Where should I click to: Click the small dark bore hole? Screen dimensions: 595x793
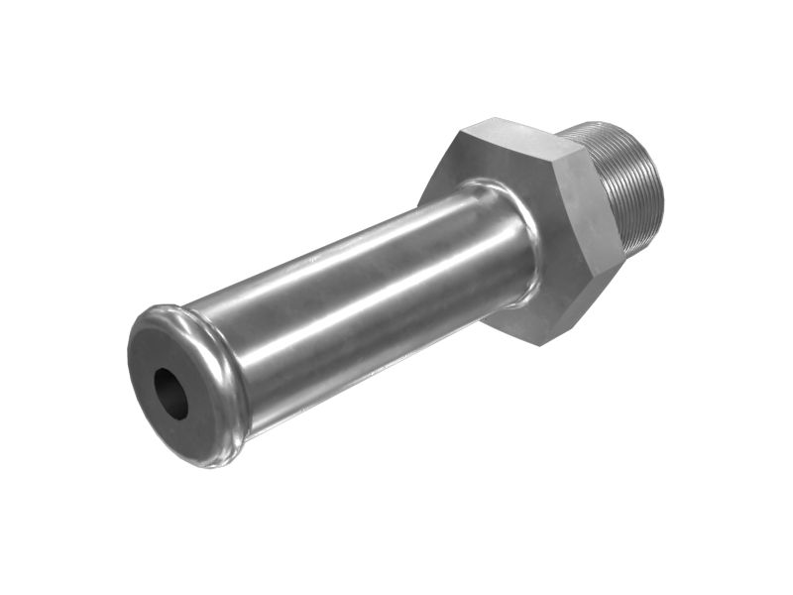point(170,393)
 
